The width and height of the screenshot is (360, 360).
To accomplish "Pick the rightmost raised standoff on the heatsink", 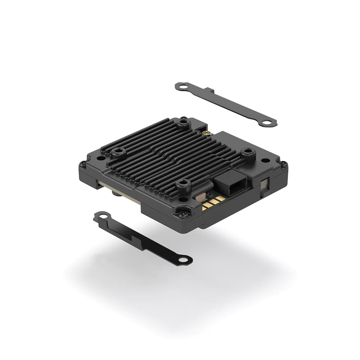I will point(248,152).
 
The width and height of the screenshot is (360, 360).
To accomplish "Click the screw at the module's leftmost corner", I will point(82,164).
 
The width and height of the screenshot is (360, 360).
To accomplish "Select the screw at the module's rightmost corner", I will point(284,164).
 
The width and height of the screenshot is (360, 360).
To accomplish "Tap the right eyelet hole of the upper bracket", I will point(267,122).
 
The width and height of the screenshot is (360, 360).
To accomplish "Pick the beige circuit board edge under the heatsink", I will point(126,195).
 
